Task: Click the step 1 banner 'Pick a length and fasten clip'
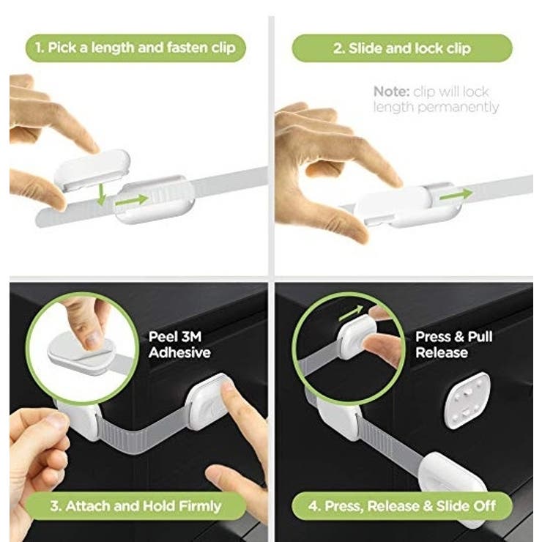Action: pyautogui.click(x=135, y=48)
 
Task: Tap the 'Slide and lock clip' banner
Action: pyautogui.click(x=402, y=48)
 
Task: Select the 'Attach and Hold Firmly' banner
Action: pyautogui.click(x=135, y=506)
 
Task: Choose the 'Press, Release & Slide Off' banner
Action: pyautogui.click(x=402, y=506)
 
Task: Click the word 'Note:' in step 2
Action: pyautogui.click(x=391, y=92)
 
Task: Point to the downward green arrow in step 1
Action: pyautogui.click(x=101, y=194)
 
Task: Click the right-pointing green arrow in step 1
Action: pyautogui.click(x=132, y=200)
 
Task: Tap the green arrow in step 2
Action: pyautogui.click(x=456, y=195)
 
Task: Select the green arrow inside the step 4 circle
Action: pyautogui.click(x=351, y=313)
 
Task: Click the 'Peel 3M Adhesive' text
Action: pyautogui.click(x=179, y=345)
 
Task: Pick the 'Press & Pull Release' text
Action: pyautogui.click(x=454, y=345)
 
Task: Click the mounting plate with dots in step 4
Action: pyautogui.click(x=467, y=401)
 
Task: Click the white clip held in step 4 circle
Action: pyautogui.click(x=356, y=337)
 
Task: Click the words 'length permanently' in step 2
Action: pyautogui.click(x=437, y=108)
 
